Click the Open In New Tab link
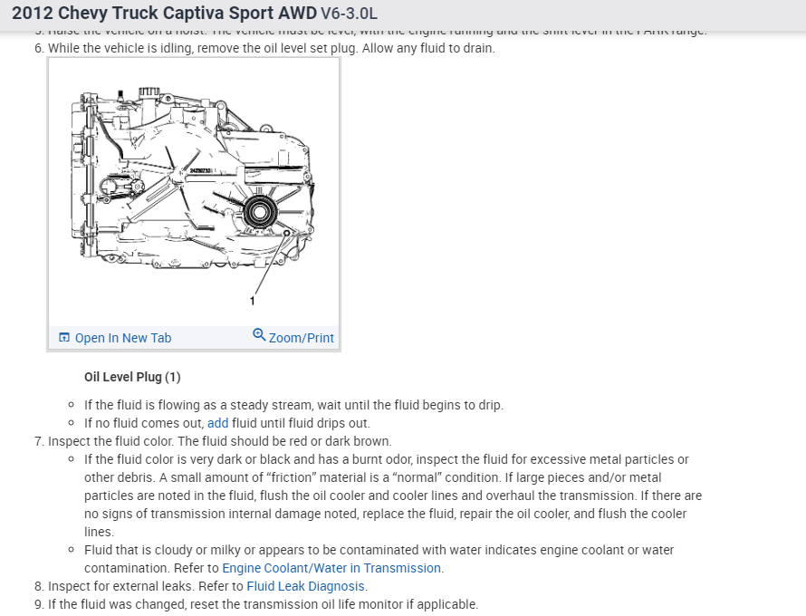point(122,338)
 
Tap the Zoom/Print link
point(301,338)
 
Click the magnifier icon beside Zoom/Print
point(259,335)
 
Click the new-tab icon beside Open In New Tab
point(64,338)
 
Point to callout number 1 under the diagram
point(253,300)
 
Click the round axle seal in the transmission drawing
point(261,214)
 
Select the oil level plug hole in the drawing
point(287,233)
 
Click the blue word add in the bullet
point(217,423)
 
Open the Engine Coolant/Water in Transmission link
point(331,568)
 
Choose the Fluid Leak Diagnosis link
point(305,586)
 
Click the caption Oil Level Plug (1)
point(132,377)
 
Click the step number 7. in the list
point(39,441)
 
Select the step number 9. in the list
point(39,604)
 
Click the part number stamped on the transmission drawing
point(201,170)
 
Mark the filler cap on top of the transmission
point(145,91)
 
